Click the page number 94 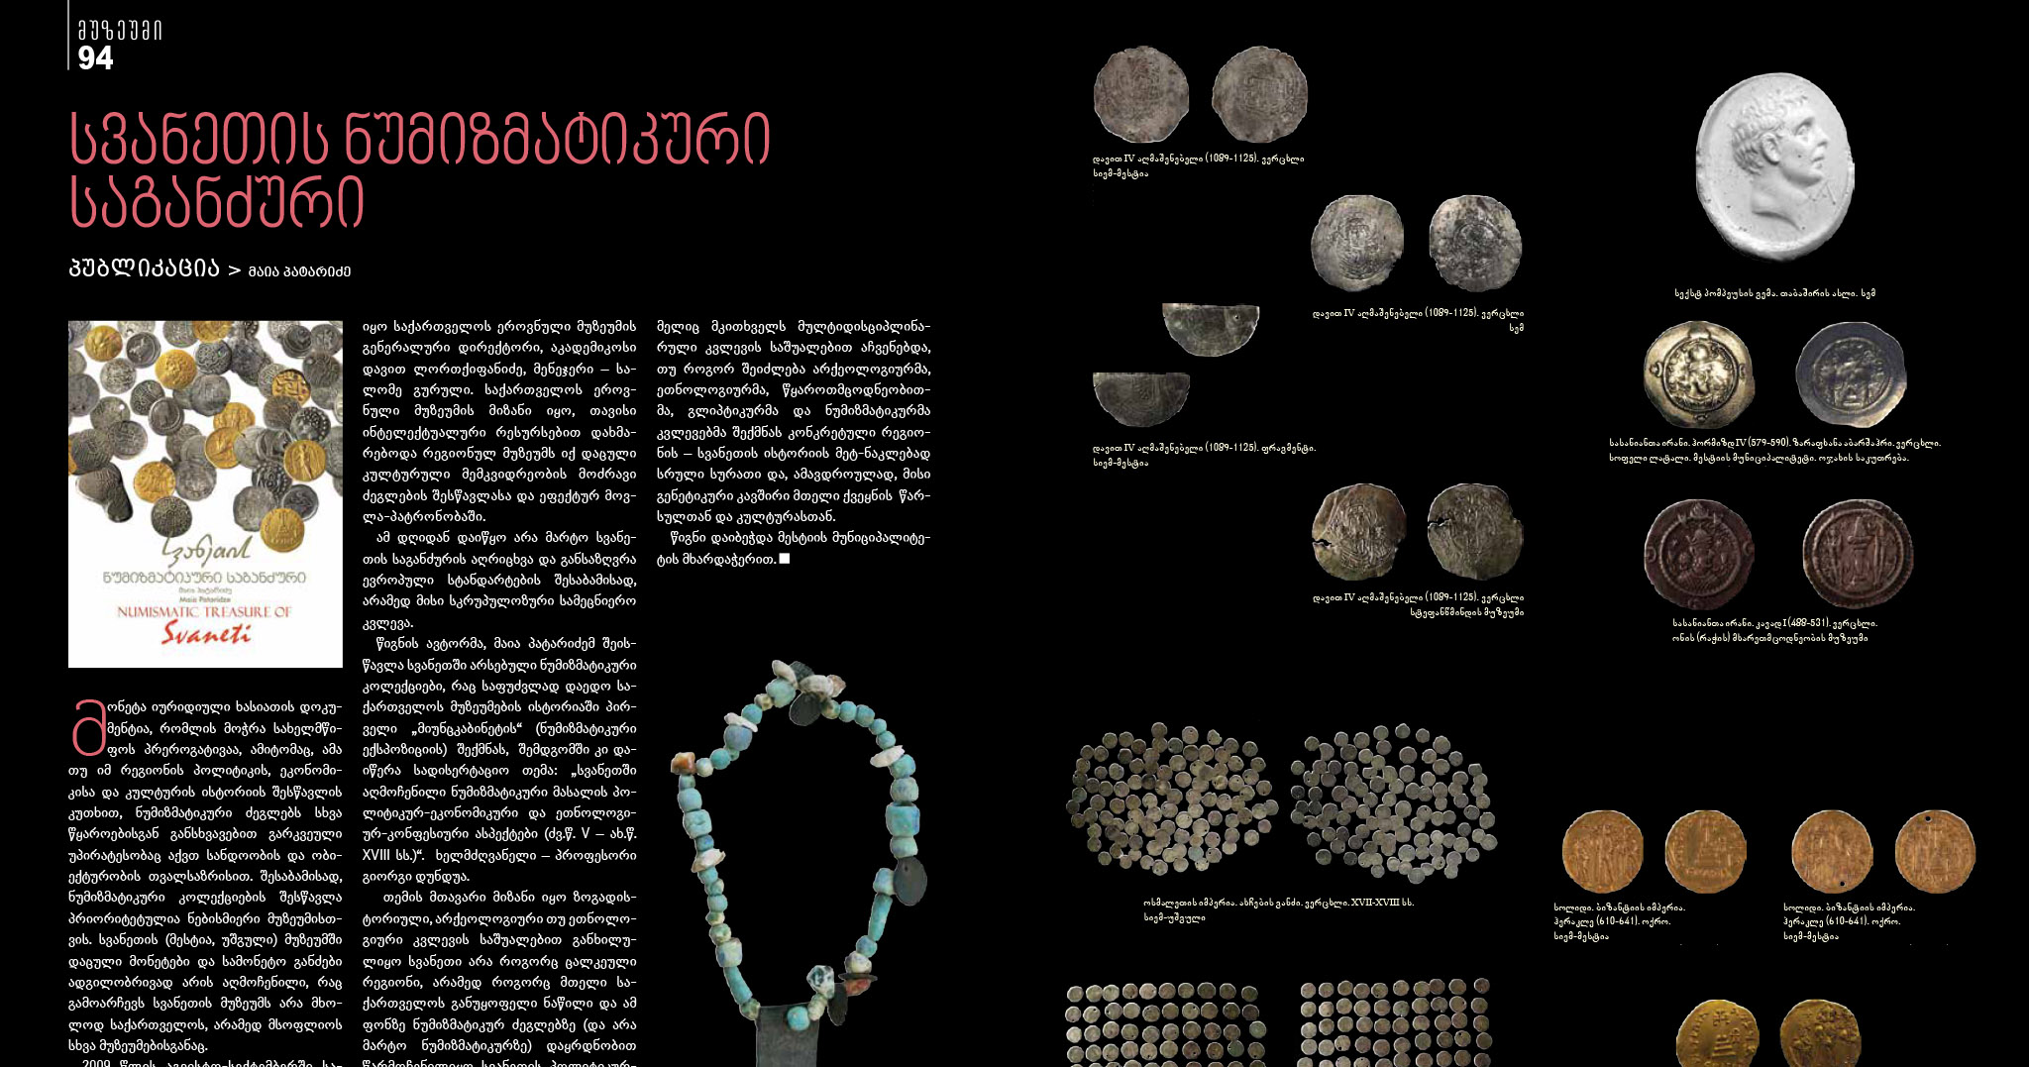[95, 58]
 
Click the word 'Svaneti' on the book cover [206, 634]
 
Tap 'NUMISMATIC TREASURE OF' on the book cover [204, 612]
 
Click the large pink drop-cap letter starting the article [88, 727]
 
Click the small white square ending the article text [785, 559]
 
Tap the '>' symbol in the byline [234, 270]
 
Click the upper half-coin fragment [1210, 327]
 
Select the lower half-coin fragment [1140, 397]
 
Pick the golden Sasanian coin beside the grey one [1697, 373]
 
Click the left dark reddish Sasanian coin [1698, 553]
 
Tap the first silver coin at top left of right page [1140, 94]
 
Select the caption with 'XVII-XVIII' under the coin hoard [1278, 903]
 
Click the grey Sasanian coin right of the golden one [1850, 373]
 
